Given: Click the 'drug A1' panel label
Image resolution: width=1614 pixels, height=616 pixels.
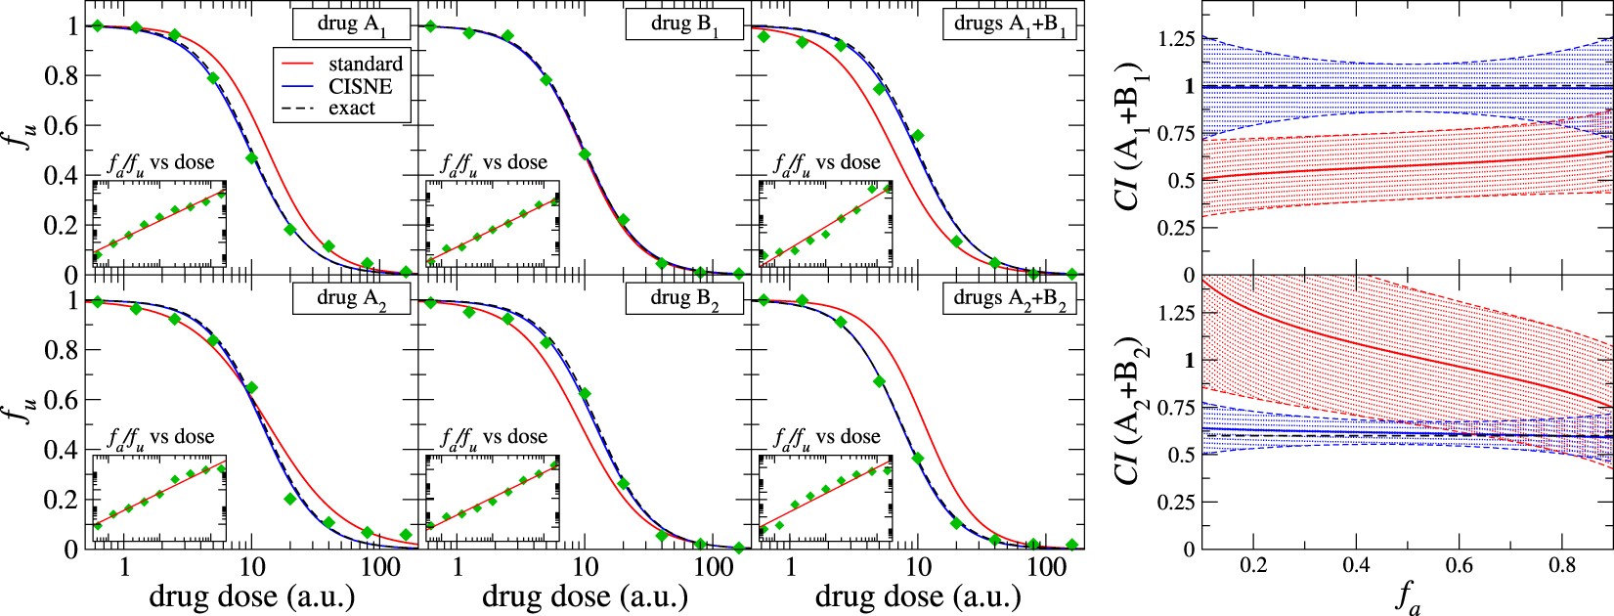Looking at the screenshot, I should (x=351, y=23).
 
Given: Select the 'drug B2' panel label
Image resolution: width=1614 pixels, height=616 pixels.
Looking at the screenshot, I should (x=684, y=298).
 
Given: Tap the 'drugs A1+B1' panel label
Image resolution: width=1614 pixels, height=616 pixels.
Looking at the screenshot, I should (x=1010, y=23).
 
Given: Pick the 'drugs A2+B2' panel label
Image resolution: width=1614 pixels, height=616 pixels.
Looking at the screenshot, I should (x=1010, y=298).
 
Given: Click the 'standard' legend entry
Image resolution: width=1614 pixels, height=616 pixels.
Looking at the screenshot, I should (x=365, y=64).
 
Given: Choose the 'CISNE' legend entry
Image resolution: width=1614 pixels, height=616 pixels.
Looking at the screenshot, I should (x=361, y=86).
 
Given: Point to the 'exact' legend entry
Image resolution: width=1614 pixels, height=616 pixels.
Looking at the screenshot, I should (x=352, y=109).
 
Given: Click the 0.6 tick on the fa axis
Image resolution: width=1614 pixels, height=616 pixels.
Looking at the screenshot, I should (x=1458, y=566).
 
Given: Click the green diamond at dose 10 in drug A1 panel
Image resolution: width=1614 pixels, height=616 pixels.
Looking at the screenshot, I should (x=251, y=157).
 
